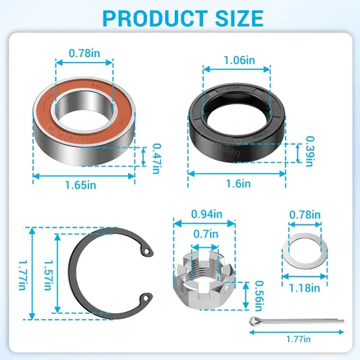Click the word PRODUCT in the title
pos(155,19)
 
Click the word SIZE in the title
pos(239,19)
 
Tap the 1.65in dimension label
pos(81,185)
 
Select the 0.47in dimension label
pos(157,158)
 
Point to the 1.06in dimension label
pos(240,60)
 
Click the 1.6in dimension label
pos(238,184)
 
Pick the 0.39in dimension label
pos(310,151)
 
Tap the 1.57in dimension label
pos(48,275)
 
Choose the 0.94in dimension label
pos(207,214)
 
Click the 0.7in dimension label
pos(206,234)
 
